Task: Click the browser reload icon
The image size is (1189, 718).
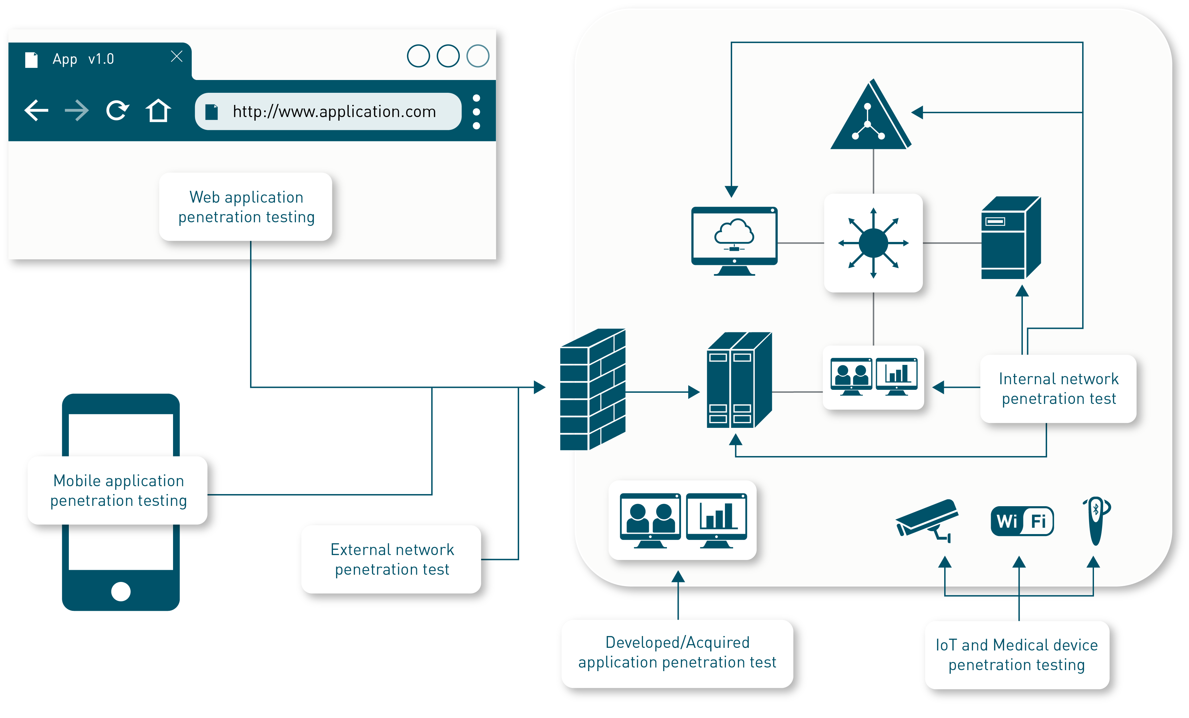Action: click(117, 110)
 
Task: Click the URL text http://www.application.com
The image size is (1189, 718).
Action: click(334, 111)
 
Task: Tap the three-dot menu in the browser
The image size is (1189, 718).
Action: click(476, 111)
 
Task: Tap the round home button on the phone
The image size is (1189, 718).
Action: click(121, 591)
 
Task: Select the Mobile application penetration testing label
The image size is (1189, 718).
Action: click(119, 490)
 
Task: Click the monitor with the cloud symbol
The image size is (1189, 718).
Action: click(734, 240)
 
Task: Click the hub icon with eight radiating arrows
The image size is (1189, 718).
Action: click(873, 243)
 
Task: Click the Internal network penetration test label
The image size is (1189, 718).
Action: click(1059, 389)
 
